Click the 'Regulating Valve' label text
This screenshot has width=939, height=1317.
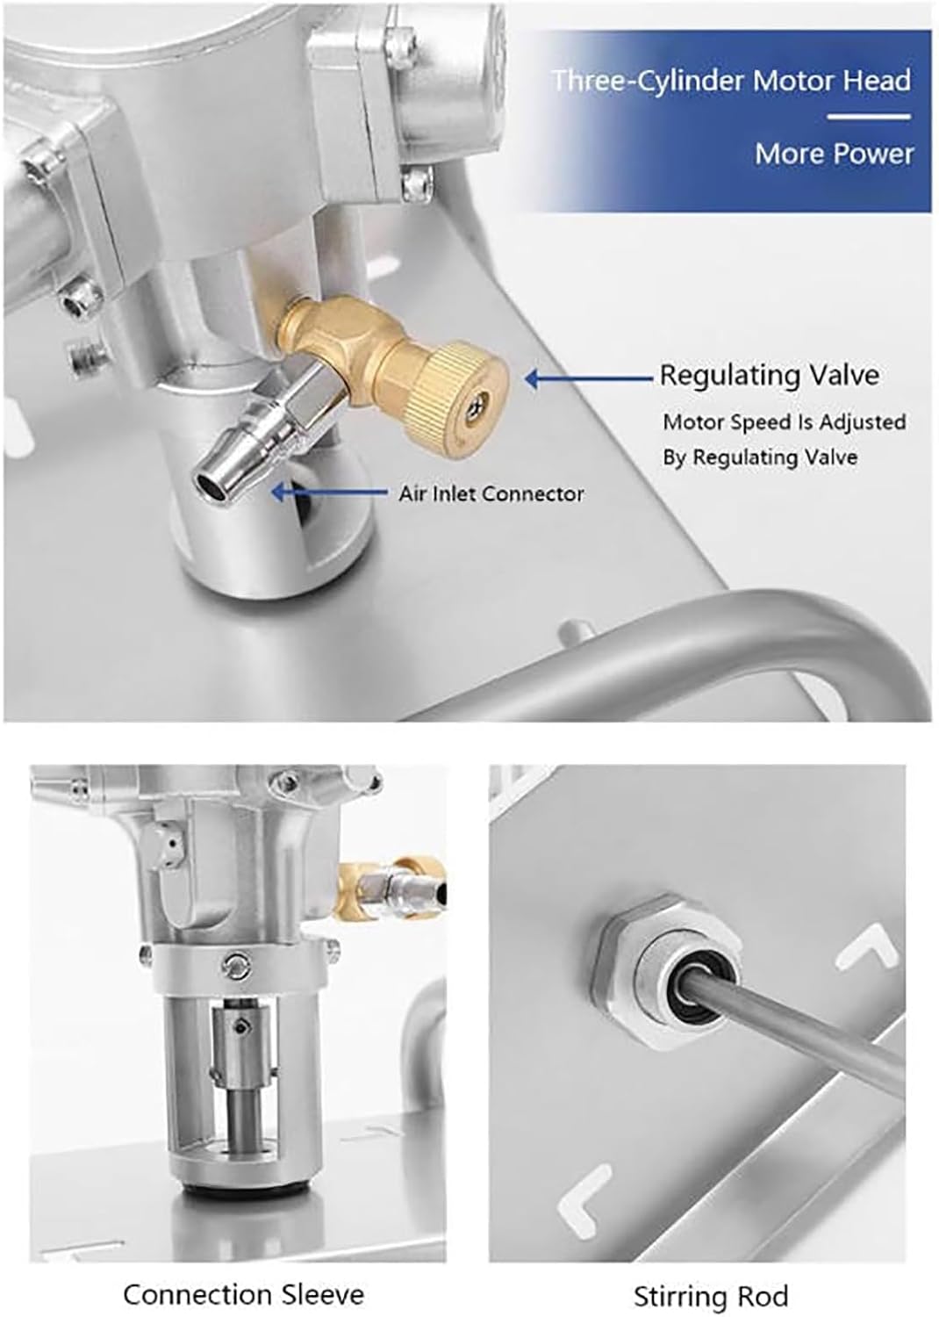(769, 375)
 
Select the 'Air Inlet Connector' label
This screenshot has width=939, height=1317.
(491, 493)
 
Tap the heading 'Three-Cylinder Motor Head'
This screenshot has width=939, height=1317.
(732, 81)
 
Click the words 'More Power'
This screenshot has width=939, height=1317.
(834, 154)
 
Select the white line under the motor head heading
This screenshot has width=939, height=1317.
(869, 116)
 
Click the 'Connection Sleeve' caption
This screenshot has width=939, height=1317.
(243, 1294)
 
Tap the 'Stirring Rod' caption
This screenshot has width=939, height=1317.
(711, 1296)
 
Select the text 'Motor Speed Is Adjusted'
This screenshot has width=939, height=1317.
(784, 422)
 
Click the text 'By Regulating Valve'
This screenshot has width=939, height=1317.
(760, 457)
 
